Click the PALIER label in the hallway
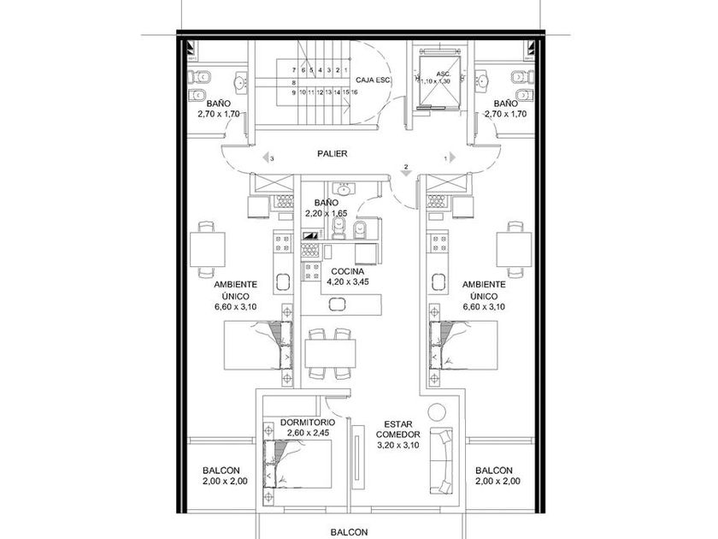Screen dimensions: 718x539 (333, 153)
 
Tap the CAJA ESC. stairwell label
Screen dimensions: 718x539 (374, 80)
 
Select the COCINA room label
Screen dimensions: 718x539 (348, 272)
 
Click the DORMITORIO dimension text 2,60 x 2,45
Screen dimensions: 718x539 (309, 433)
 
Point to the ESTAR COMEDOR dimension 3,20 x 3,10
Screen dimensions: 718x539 (398, 445)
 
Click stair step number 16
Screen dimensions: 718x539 (354, 92)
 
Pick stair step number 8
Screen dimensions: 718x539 (293, 82)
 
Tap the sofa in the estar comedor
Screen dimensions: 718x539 (441, 461)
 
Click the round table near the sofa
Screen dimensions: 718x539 (437, 412)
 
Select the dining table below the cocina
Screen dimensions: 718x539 (330, 352)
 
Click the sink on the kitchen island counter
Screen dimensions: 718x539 (338, 304)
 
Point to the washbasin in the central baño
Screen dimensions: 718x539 (343, 188)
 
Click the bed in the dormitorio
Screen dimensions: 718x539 (297, 464)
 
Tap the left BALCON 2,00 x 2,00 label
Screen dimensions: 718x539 (225, 476)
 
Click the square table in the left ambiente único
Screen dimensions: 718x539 (208, 249)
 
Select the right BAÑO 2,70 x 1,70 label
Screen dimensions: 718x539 (505, 109)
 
